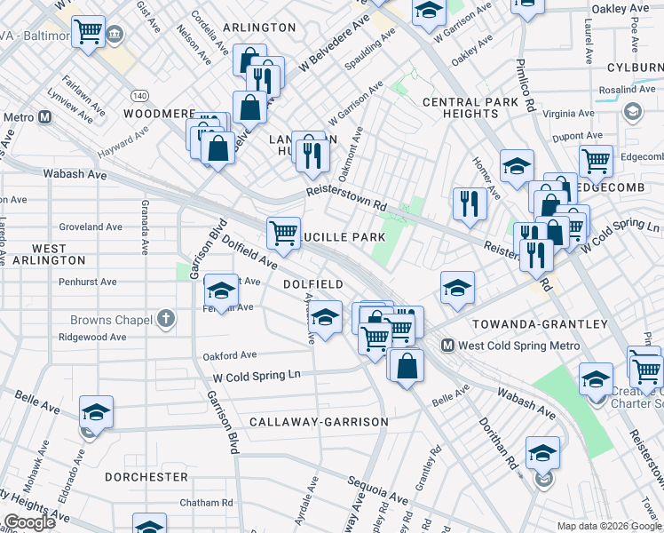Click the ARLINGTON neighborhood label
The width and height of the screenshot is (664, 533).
pos(259,28)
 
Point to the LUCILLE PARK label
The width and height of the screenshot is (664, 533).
pos(350,237)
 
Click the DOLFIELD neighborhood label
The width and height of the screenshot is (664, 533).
pos(312,284)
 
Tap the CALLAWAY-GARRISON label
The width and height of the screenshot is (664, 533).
pos(319,421)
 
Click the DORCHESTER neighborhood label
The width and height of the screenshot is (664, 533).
pos(146,477)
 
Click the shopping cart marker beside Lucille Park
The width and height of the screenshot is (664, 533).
pos(283,233)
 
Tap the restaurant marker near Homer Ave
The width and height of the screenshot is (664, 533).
pos(470,203)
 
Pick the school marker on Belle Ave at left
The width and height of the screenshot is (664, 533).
pos(96,412)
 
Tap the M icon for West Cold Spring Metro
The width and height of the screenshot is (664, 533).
pos(448,346)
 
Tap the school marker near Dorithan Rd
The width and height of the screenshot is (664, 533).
pos(541,453)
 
